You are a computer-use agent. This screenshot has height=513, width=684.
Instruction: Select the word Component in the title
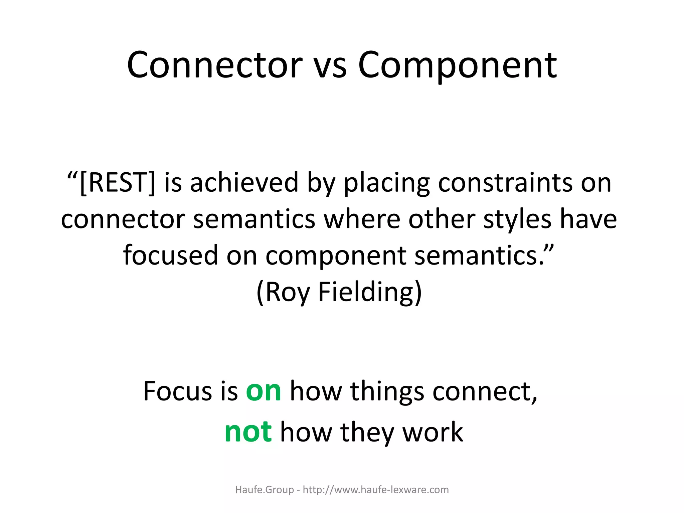click(x=457, y=66)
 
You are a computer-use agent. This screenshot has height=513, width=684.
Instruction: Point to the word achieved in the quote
click(x=244, y=183)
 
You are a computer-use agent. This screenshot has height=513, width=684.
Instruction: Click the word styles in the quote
click(x=517, y=219)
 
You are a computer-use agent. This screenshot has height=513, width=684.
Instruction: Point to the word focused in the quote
click(x=171, y=255)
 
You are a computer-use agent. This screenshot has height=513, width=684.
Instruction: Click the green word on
click(x=263, y=391)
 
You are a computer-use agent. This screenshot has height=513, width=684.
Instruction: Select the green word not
click(x=248, y=432)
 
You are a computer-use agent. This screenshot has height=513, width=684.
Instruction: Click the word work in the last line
click(x=433, y=432)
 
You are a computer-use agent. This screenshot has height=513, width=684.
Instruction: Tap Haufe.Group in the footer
click(x=265, y=490)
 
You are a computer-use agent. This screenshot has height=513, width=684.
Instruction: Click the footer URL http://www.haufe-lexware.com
click(x=376, y=490)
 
